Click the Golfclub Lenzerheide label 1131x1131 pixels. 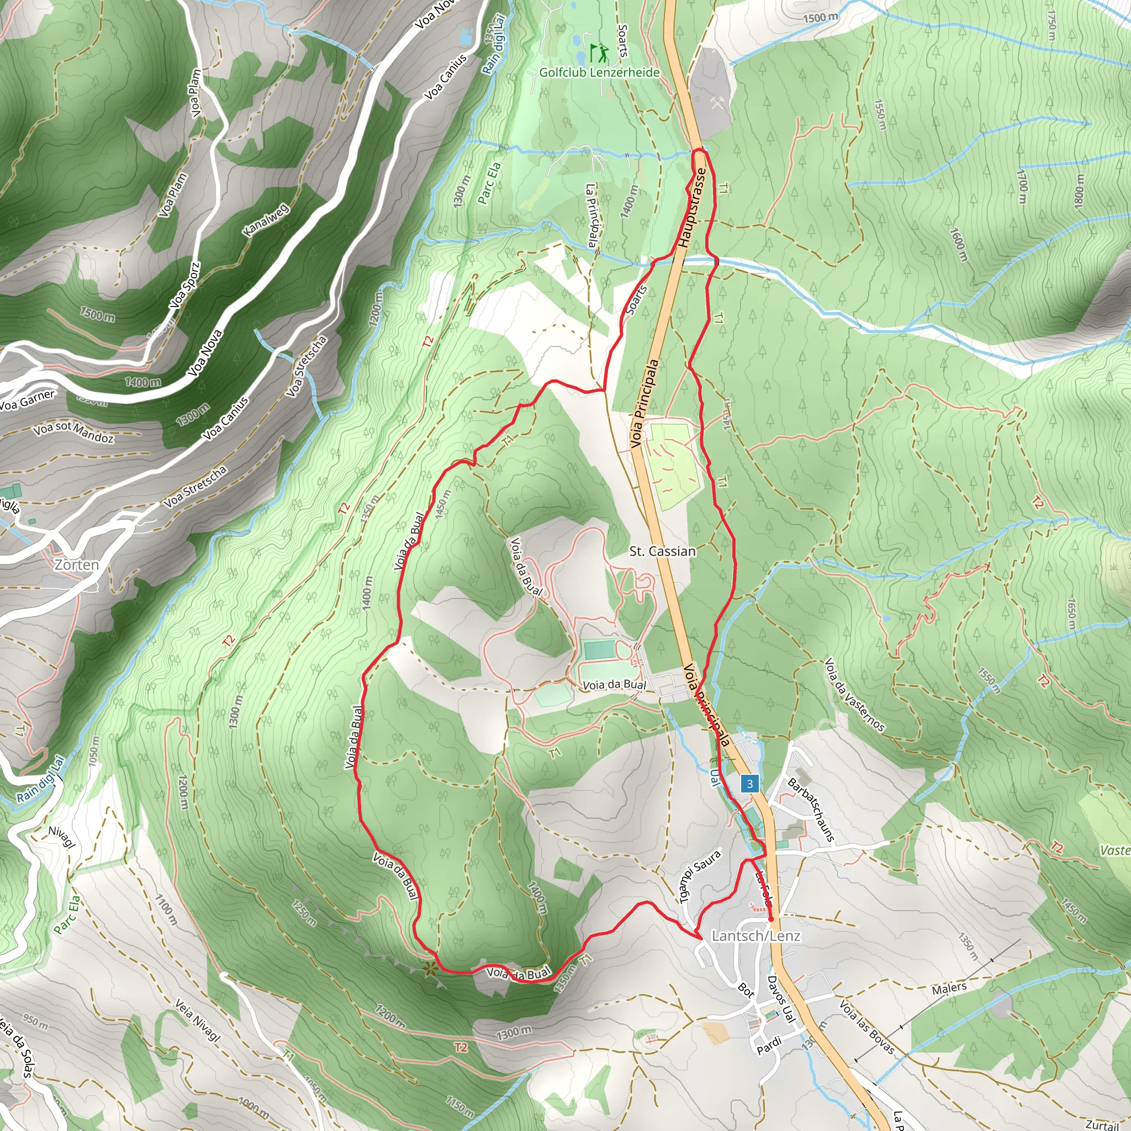(x=599, y=72)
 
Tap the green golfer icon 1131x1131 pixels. (x=599, y=52)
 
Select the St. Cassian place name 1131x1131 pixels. (x=662, y=551)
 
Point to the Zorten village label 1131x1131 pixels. (x=77, y=564)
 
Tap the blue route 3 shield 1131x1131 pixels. (x=749, y=784)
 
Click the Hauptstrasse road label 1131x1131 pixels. (x=692, y=208)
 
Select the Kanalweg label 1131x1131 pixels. (x=266, y=220)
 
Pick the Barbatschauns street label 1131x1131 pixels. (x=811, y=810)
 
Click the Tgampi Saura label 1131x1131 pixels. (x=700, y=876)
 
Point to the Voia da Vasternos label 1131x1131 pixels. (x=854, y=695)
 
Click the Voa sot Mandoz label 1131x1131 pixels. (x=74, y=432)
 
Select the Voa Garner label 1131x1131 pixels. (x=28, y=400)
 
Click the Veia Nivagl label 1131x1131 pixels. (x=198, y=1021)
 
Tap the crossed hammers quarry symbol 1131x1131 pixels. (x=718, y=104)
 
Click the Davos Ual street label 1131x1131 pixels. (x=781, y=999)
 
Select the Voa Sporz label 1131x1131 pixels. (x=185, y=286)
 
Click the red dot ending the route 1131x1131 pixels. (x=770, y=919)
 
